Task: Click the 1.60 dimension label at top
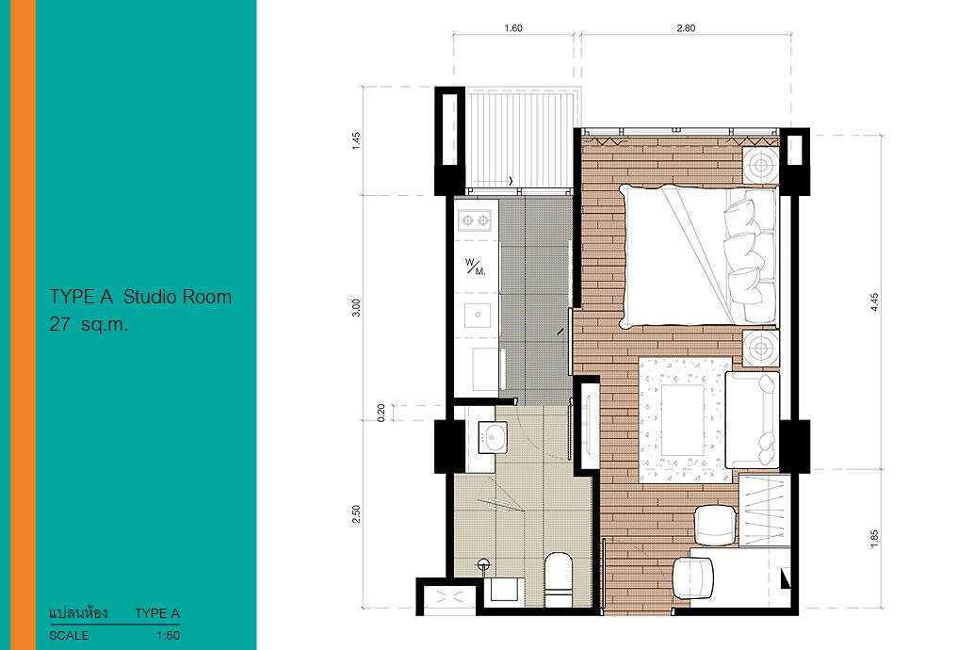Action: pyautogui.click(x=513, y=28)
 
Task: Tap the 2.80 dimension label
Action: pyautogui.click(x=686, y=28)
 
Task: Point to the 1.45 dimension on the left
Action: pyautogui.click(x=356, y=140)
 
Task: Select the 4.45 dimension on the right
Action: pyautogui.click(x=874, y=302)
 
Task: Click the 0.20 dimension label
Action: pyautogui.click(x=381, y=413)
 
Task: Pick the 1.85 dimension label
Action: pyautogui.click(x=874, y=538)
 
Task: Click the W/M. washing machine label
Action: pyautogui.click(x=476, y=267)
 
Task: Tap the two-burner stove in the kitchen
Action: pyautogui.click(x=476, y=220)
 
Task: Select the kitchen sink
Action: pyautogui.click(x=477, y=315)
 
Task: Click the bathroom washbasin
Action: pyautogui.click(x=493, y=437)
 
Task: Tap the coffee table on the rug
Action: pyautogui.click(x=682, y=420)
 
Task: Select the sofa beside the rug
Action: pyautogui.click(x=753, y=420)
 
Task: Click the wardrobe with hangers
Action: pyautogui.click(x=764, y=511)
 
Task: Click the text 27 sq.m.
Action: pyautogui.click(x=89, y=324)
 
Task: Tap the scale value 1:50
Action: pyautogui.click(x=168, y=636)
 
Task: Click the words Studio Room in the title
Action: pyautogui.click(x=177, y=297)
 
